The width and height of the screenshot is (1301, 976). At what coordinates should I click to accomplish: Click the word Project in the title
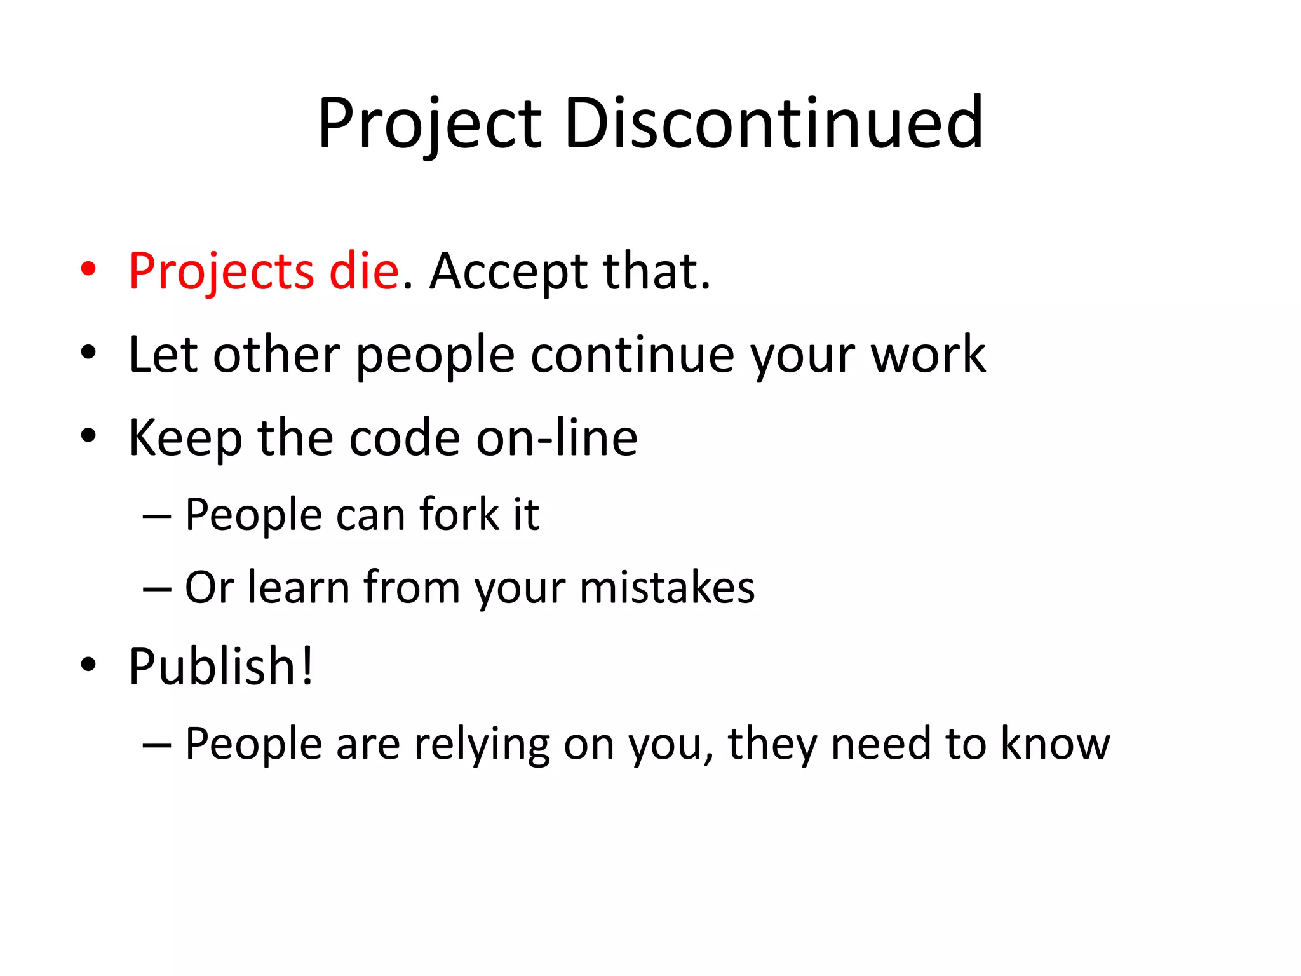pos(430,124)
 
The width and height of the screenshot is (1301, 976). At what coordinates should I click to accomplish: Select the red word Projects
pos(221,272)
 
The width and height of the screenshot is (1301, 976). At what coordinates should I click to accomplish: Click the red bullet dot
pos(88,269)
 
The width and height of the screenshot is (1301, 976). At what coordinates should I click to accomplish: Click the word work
pos(928,355)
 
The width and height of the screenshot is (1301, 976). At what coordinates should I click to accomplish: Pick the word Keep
pos(185,438)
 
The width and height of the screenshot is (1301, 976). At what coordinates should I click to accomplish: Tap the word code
pos(405,438)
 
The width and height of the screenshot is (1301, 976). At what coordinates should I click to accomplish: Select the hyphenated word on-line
pos(557,438)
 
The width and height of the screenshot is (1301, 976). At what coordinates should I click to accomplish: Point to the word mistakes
pos(667,587)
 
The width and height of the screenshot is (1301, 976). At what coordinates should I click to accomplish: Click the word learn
pos(299,587)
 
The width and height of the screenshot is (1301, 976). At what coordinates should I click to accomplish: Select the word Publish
pos(212,667)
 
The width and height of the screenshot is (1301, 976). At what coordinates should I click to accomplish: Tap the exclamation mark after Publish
pos(307,665)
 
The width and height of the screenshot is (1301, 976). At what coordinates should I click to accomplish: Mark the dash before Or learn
pos(157,588)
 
